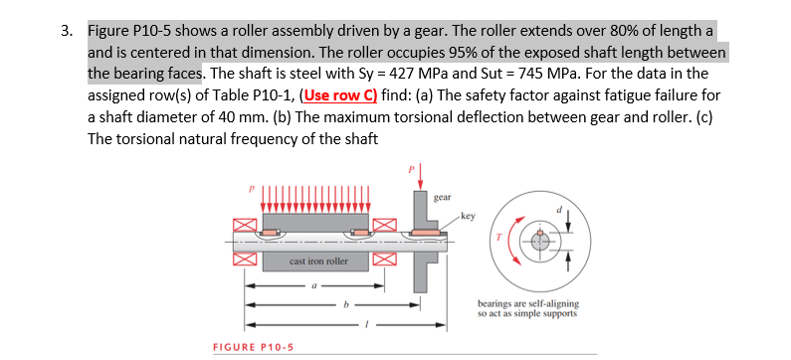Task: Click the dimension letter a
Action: (x=313, y=283)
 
